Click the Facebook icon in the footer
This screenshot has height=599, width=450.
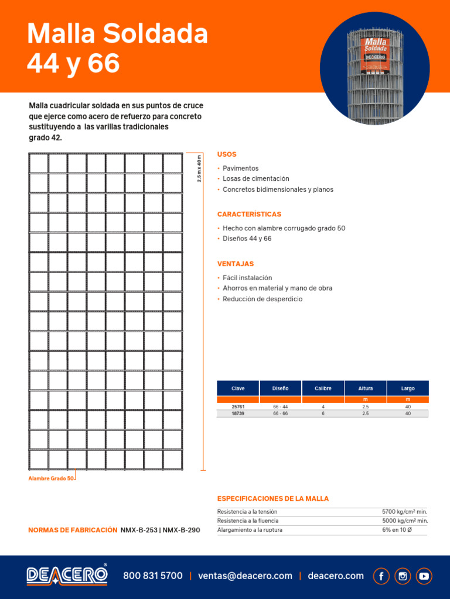click(x=381, y=576)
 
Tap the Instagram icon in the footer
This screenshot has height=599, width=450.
click(x=403, y=576)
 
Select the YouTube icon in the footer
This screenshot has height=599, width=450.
click(x=424, y=576)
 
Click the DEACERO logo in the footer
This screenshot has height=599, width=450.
click(x=67, y=575)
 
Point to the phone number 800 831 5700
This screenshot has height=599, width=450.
click(x=153, y=576)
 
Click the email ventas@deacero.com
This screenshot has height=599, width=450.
click(x=245, y=576)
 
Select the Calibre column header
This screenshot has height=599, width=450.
click(x=323, y=388)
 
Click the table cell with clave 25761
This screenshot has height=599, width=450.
click(x=238, y=406)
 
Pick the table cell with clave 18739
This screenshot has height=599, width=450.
click(x=238, y=413)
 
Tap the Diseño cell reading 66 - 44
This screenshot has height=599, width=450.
click(x=280, y=406)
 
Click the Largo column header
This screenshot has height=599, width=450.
click(x=408, y=388)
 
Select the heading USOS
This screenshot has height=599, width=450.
click(x=227, y=154)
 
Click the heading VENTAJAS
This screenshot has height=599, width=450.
click(x=236, y=264)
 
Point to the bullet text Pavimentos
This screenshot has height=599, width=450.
click(x=240, y=168)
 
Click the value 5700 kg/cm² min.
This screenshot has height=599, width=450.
click(x=404, y=511)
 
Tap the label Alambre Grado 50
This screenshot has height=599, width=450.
click(x=51, y=478)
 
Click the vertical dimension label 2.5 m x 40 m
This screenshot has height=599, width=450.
click(x=199, y=169)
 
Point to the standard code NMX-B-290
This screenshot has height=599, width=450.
click(x=181, y=530)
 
